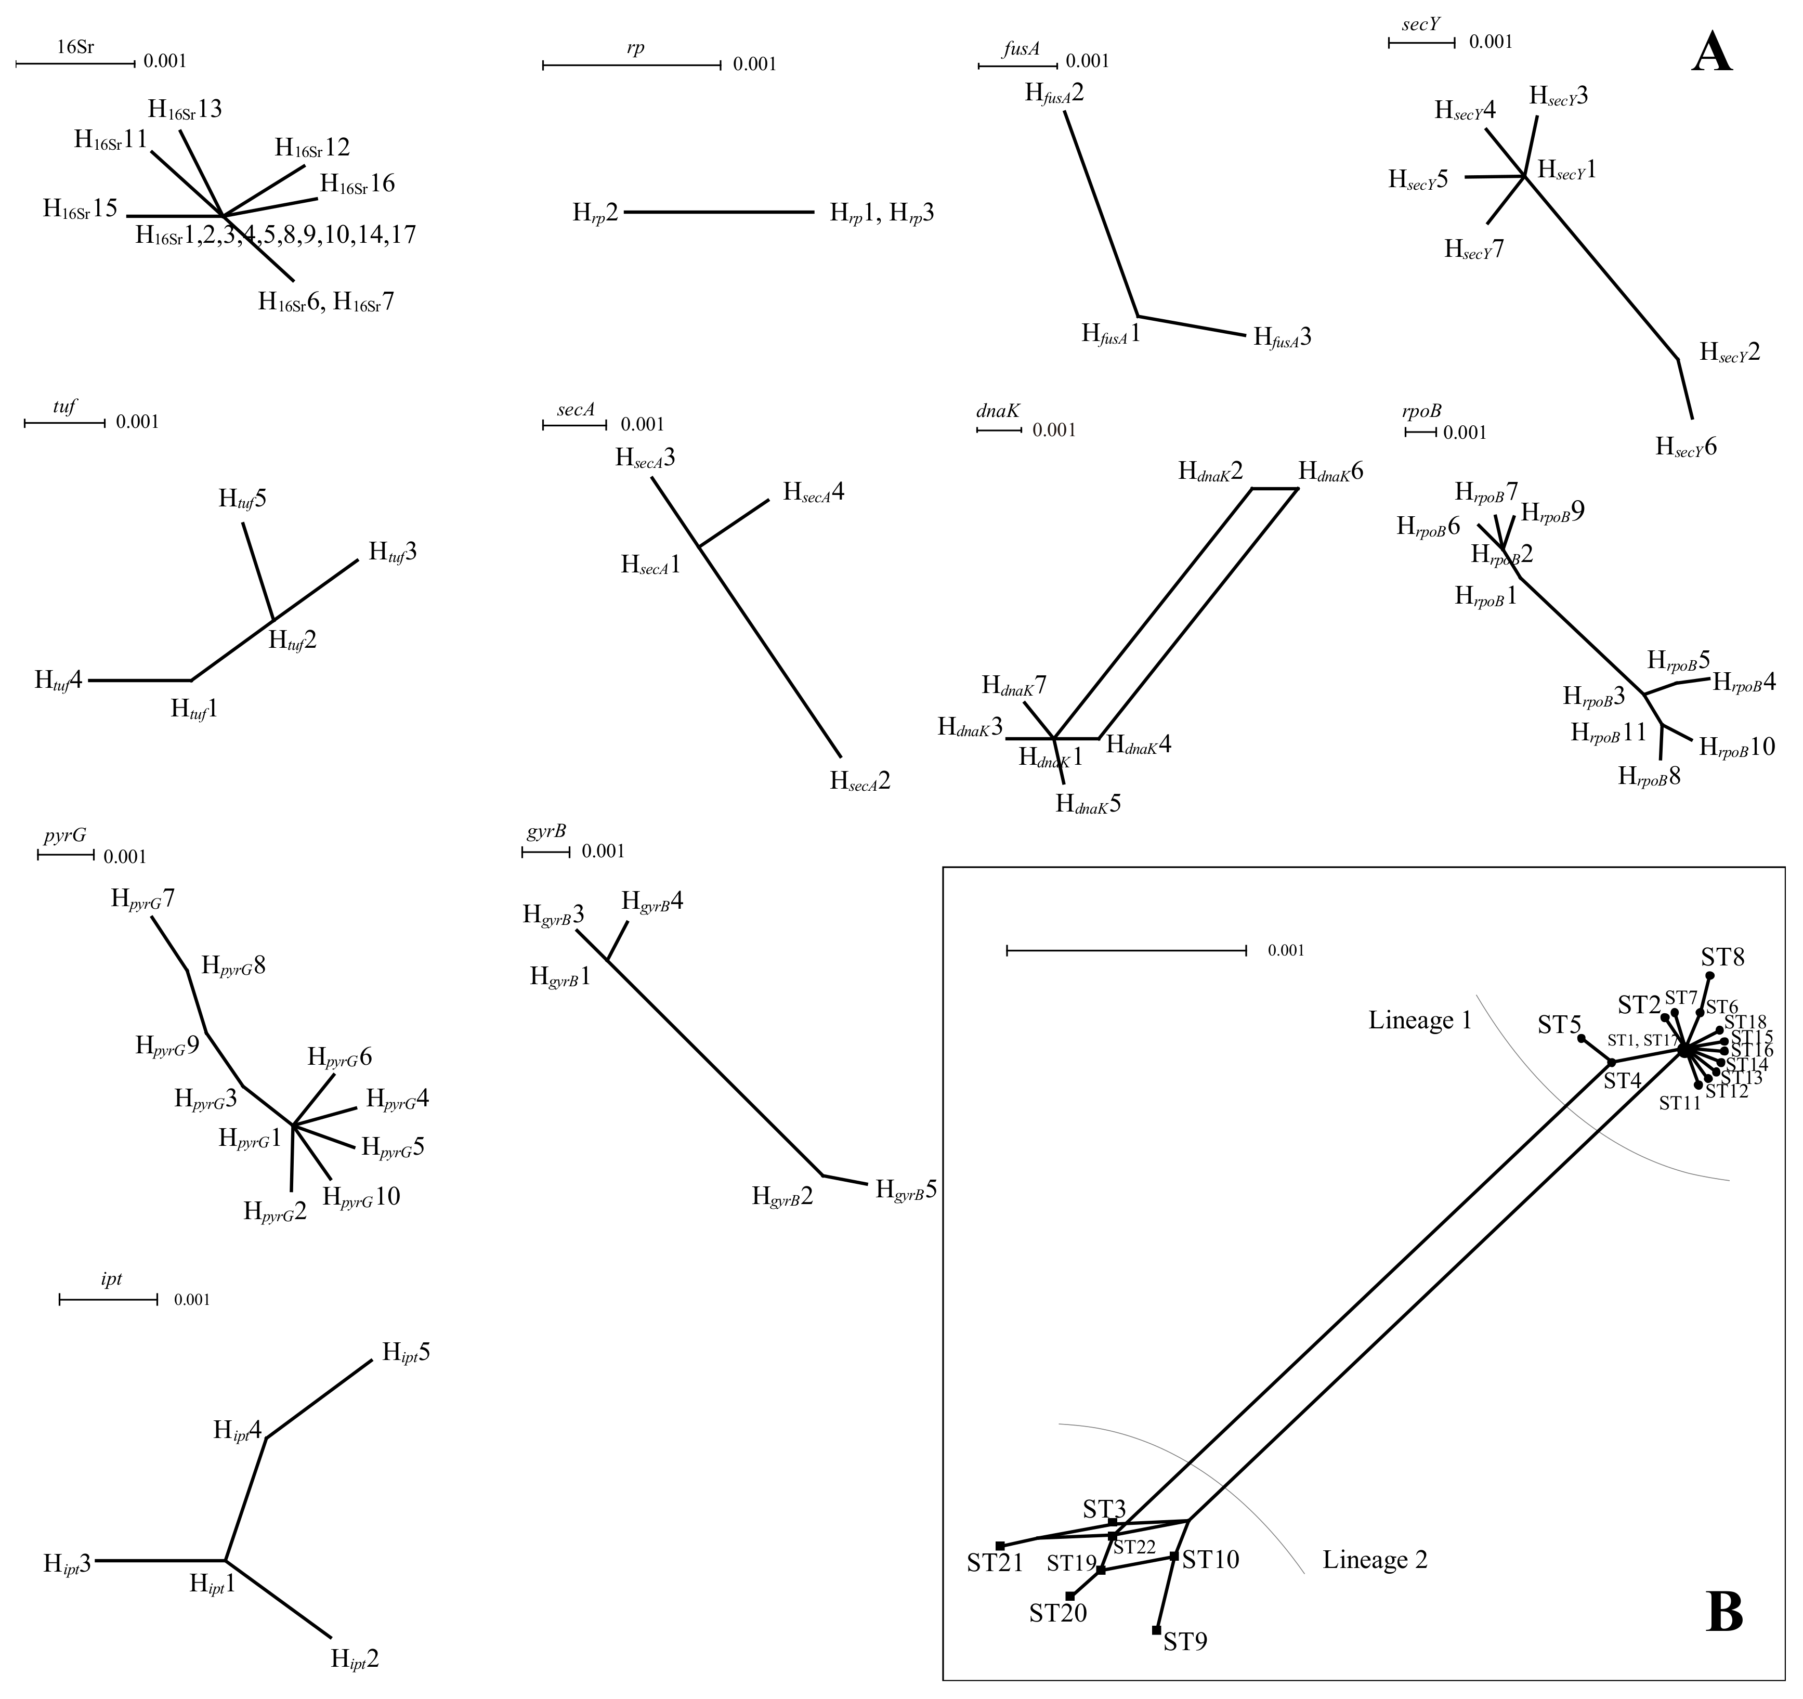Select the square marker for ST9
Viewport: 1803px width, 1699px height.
point(1156,1630)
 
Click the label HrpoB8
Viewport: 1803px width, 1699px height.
point(1649,777)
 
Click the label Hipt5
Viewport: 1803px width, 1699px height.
point(406,1352)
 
